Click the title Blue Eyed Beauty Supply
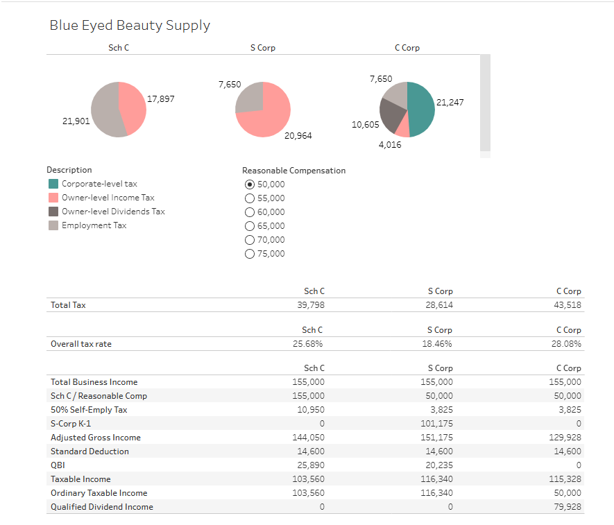pos(130,26)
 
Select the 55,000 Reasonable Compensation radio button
pos(250,198)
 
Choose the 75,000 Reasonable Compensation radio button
pos(250,254)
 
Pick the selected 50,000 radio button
pos(250,184)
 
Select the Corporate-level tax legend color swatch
pos(53,184)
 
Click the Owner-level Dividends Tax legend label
pos(113,212)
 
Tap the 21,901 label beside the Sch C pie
pos(76,121)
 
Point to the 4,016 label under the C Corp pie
pos(389,145)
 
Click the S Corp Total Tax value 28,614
pos(439,305)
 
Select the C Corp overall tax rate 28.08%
pos(567,344)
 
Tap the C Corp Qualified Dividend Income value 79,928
pos(568,507)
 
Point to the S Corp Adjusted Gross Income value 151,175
pos(438,438)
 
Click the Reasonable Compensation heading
pos(293,171)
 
